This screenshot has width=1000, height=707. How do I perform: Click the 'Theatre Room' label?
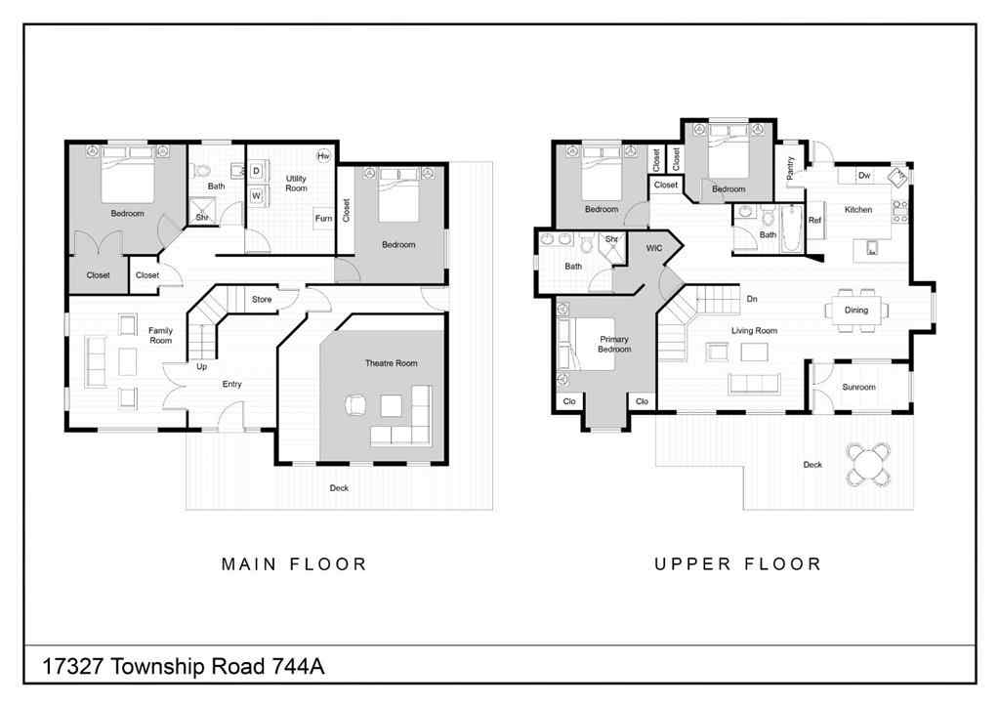(391, 363)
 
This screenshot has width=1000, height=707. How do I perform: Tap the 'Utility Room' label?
(296, 183)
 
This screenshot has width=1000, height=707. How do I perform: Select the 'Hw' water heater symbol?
(322, 156)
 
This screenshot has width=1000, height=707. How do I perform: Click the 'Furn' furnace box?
(322, 218)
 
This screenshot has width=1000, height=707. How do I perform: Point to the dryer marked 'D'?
(256, 171)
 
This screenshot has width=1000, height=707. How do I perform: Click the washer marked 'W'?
(256, 195)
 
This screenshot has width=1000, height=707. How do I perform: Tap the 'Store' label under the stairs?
(262, 299)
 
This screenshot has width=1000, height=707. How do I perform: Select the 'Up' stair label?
(201, 367)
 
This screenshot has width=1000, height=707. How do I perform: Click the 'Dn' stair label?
(752, 299)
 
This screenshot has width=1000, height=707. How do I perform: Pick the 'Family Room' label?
(160, 335)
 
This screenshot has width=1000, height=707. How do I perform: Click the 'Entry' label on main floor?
(231, 384)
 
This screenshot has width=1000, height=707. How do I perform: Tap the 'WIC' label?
(654, 248)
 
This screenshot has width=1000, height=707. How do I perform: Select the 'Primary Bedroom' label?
(614, 344)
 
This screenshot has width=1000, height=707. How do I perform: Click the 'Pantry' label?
(790, 168)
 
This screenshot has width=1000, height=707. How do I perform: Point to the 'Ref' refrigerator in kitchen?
(813, 220)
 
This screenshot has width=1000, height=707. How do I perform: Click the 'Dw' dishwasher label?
(863, 176)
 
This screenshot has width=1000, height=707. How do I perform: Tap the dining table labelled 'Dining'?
(855, 311)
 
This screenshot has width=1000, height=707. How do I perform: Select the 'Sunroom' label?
(858, 387)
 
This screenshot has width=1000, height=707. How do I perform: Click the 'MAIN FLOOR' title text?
(294, 563)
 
